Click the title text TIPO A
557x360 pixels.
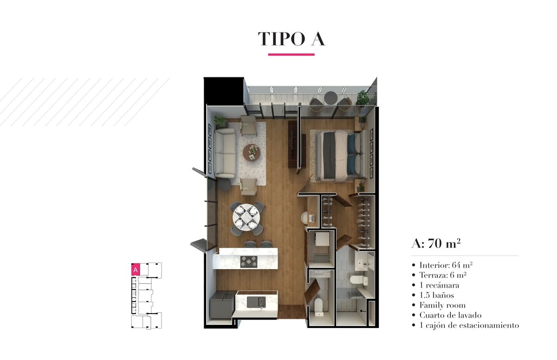click(x=291, y=39)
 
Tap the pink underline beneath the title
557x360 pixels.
click(x=291, y=54)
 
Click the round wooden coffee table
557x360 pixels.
click(x=252, y=153)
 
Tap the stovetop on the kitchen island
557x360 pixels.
click(x=249, y=262)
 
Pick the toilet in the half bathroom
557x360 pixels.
click(x=318, y=307)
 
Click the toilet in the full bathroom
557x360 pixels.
click(x=358, y=280)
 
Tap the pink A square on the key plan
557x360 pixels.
click(x=136, y=270)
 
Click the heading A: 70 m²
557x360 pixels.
click(x=436, y=244)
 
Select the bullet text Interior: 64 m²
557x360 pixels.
click(x=446, y=265)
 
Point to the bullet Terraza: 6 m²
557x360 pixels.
click(x=443, y=275)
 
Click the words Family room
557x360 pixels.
click(x=442, y=305)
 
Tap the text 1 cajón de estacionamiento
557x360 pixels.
click(x=469, y=325)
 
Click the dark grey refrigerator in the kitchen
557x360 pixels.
click(x=222, y=305)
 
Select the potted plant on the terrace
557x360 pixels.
click(x=363, y=98)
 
